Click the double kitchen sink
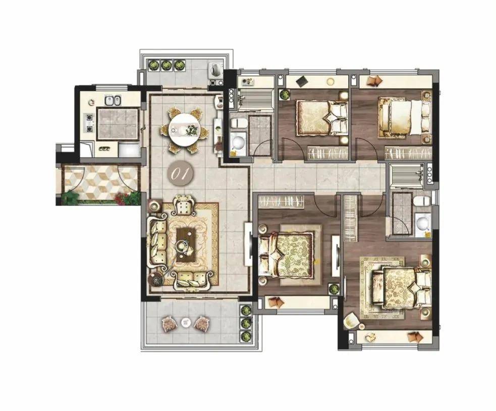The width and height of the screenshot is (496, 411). click(113, 100)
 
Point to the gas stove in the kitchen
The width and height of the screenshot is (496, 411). click(89, 123)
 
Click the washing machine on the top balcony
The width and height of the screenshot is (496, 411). click(216, 69)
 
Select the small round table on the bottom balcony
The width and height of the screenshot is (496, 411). click(185, 323)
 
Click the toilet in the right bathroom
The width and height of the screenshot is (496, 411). click(422, 200)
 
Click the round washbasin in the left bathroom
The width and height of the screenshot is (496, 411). click(238, 143)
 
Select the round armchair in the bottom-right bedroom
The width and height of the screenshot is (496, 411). click(352, 321)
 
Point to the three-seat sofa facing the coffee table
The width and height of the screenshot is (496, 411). click(158, 242)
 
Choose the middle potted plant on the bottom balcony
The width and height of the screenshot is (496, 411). click(246, 323)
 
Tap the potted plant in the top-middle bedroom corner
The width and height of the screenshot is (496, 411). click(284, 94)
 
